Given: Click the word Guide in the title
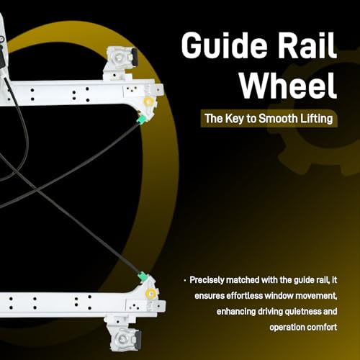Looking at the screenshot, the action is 224,45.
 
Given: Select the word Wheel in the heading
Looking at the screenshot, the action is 288,86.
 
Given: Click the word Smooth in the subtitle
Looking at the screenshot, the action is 278,118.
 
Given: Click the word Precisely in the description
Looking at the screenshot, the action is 207,280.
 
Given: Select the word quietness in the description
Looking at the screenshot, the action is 303,312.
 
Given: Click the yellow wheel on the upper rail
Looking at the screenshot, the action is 149,102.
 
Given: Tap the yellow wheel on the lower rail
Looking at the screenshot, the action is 150,293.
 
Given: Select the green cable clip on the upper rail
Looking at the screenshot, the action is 142,119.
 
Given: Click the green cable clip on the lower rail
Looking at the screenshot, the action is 143,276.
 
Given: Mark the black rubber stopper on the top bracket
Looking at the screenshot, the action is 135,56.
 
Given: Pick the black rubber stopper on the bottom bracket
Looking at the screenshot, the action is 138,339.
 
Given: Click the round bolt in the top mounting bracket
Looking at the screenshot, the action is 119,58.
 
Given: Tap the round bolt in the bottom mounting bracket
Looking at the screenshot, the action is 122,338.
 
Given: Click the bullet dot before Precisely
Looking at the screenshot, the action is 185,280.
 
